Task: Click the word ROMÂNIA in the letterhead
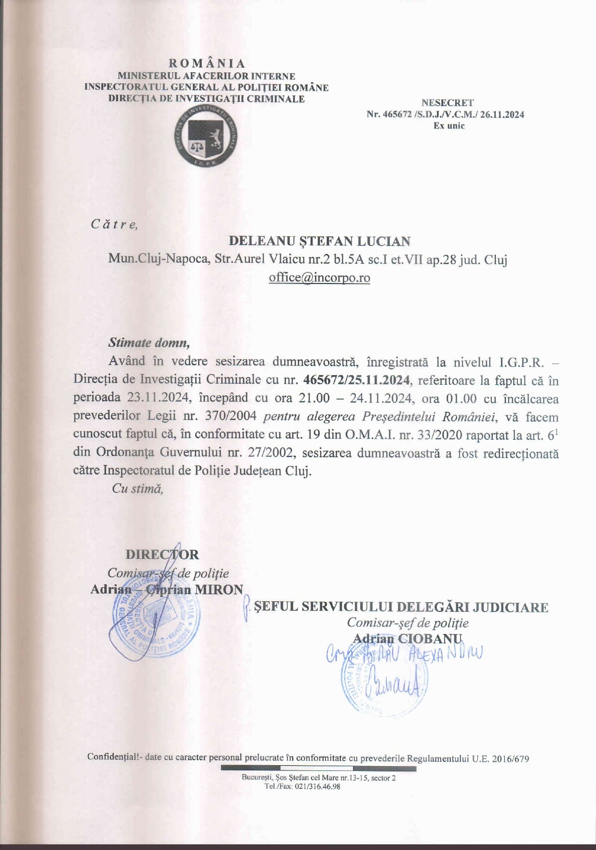coord(207,64)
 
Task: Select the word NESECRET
coord(447,103)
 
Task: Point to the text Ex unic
coord(448,126)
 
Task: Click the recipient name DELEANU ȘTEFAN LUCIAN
coord(319,241)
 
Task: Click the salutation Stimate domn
coord(149,343)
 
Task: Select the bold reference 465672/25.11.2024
coord(356,380)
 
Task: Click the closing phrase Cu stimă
coord(137,488)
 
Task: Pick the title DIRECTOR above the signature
coord(162,554)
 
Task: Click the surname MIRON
coord(218,589)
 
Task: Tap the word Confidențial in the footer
coord(114,757)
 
